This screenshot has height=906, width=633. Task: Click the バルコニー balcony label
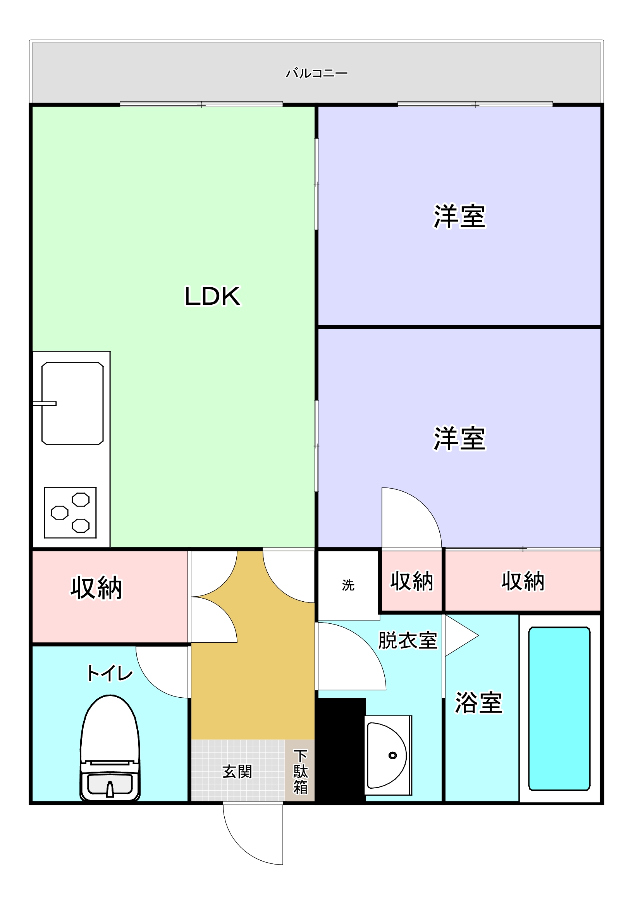(x=316, y=74)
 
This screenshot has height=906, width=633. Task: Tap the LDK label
(x=212, y=296)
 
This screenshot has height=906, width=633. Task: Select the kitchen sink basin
(x=73, y=403)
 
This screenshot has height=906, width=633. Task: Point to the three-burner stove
(x=70, y=513)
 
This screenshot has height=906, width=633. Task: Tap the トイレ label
(x=110, y=673)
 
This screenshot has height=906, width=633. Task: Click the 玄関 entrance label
(x=237, y=772)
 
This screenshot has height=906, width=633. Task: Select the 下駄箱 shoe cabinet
(x=300, y=771)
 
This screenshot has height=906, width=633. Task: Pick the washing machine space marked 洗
(x=348, y=585)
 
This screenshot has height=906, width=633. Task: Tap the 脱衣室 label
(x=408, y=640)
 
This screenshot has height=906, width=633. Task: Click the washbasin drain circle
(x=392, y=755)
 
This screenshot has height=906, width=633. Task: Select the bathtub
(x=559, y=709)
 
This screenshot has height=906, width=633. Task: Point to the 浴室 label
(x=478, y=703)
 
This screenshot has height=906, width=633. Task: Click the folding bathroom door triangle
(x=460, y=636)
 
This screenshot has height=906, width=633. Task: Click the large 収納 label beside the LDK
(x=96, y=589)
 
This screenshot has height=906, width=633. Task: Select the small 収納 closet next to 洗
(x=411, y=581)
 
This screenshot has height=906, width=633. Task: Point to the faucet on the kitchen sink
(x=45, y=403)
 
